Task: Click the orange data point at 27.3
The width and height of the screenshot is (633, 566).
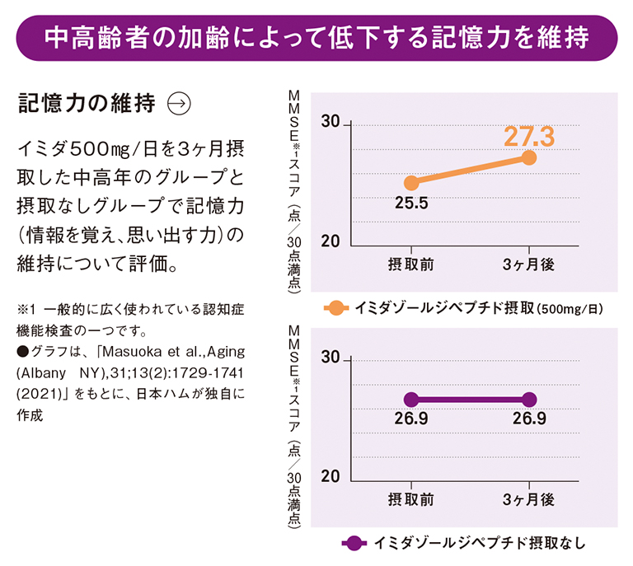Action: [529, 157]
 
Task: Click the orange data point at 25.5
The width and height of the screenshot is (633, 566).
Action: [411, 183]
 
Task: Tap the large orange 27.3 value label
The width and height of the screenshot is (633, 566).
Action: [530, 135]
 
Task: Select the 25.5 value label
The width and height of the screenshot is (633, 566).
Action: [410, 203]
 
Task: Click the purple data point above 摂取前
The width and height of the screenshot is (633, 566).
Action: [411, 400]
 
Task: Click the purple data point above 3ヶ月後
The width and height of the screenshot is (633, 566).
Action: [529, 400]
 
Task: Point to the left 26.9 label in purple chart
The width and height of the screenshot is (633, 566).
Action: [411, 419]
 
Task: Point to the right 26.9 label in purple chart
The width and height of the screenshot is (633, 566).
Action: [529, 419]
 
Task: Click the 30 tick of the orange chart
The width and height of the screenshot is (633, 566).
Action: [330, 123]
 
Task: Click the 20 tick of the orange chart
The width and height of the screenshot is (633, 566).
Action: [330, 242]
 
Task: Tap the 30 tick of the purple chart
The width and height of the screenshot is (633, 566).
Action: [330, 358]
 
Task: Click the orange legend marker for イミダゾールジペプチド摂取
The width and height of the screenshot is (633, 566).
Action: [335, 309]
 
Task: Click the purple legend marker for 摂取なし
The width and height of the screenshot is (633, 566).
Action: [352, 543]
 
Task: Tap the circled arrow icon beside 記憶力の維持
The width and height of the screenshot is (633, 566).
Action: [179, 103]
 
